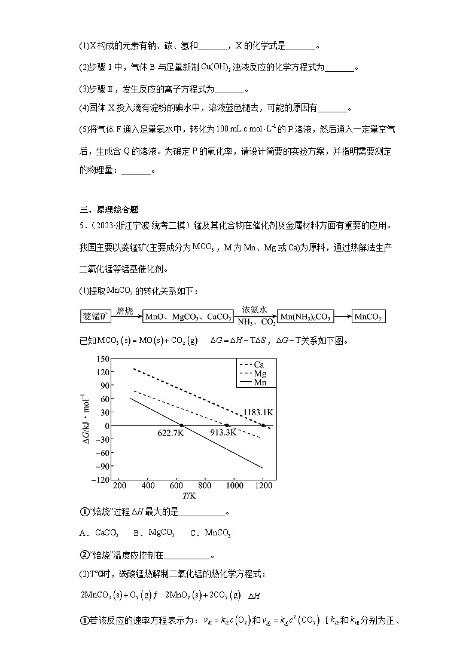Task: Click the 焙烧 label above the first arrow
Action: (x=125, y=310)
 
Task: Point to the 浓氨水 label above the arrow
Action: (x=254, y=310)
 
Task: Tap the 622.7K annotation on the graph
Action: (x=170, y=433)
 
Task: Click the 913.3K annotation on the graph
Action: (x=223, y=433)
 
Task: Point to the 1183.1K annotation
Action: (x=258, y=413)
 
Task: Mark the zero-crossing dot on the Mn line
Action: (x=182, y=425)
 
